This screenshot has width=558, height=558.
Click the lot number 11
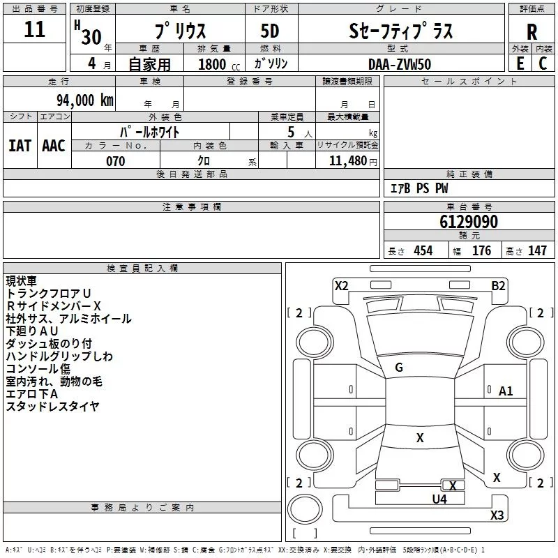click(34, 30)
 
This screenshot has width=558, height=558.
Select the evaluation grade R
click(531, 32)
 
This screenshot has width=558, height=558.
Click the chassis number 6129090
click(469, 222)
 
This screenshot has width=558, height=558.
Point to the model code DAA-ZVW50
click(400, 63)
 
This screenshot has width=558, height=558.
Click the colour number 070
click(116, 161)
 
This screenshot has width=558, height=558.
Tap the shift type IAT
click(20, 146)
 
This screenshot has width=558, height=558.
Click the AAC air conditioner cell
click(53, 146)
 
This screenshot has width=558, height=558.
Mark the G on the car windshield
click(399, 367)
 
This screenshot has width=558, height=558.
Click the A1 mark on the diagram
click(506, 391)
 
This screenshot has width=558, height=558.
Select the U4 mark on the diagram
click(439, 499)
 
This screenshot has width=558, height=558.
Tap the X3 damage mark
click(497, 515)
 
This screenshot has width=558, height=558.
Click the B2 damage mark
click(498, 285)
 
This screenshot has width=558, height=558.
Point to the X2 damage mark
click(341, 285)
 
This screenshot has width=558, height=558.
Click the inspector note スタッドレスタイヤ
click(52, 406)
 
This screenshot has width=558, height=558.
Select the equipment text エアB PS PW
click(418, 188)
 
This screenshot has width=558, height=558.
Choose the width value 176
click(481, 251)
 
